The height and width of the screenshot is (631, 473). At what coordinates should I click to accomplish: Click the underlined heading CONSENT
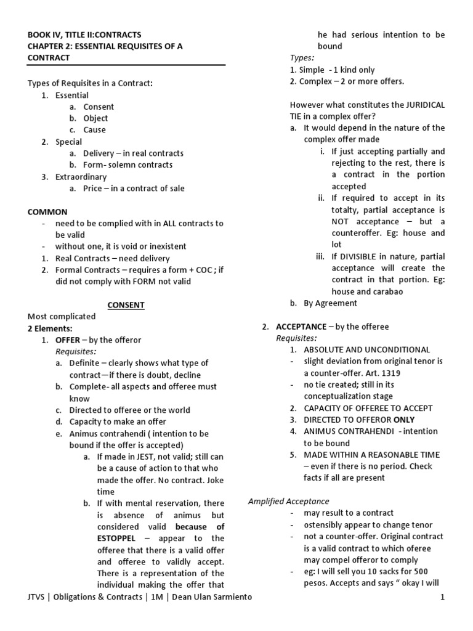pyautogui.click(x=126, y=304)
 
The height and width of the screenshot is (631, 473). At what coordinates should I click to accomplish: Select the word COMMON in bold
pyautogui.click(x=47, y=211)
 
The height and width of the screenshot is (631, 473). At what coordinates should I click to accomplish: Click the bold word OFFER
pyautogui.click(x=68, y=340)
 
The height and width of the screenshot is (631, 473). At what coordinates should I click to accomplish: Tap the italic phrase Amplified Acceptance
pyautogui.click(x=288, y=501)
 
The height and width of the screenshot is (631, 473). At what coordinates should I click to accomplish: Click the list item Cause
pyautogui.click(x=95, y=130)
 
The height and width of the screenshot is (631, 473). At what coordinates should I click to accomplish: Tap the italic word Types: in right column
pyautogui.click(x=302, y=58)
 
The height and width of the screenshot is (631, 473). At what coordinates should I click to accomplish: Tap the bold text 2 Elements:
pyautogui.click(x=50, y=328)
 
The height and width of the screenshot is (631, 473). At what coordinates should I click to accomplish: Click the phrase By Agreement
pyautogui.click(x=330, y=303)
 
